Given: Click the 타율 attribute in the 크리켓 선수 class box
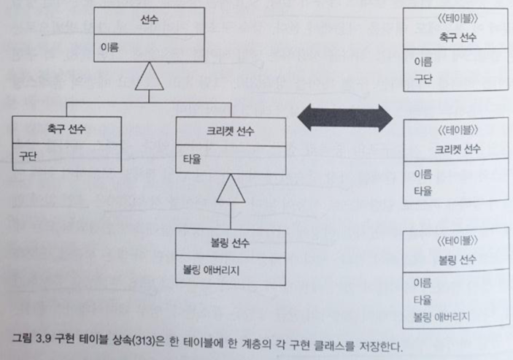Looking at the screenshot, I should point(192,156).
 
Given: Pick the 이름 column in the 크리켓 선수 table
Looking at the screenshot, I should point(422,174).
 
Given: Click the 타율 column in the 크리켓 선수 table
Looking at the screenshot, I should point(422,191).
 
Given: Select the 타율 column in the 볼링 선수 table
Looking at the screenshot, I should point(422,299).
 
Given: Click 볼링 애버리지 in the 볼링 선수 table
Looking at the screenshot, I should point(441,315).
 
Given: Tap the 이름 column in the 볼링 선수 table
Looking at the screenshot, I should point(422,283).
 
